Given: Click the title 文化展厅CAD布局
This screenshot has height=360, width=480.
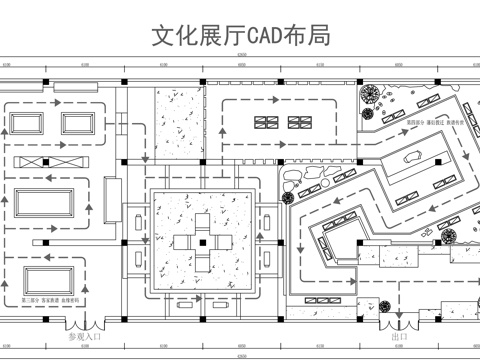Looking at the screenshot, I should (240, 36).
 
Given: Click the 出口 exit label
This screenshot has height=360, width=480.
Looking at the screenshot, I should (399, 337).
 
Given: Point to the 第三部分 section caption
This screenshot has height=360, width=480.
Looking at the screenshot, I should (49, 300).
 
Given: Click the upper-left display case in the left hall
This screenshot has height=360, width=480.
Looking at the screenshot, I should (30, 123).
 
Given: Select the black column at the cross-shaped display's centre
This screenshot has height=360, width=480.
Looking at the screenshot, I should (200, 242).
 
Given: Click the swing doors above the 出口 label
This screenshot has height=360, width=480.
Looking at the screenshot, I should (399, 326).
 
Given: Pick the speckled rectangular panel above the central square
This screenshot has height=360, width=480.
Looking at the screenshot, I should (176, 126).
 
